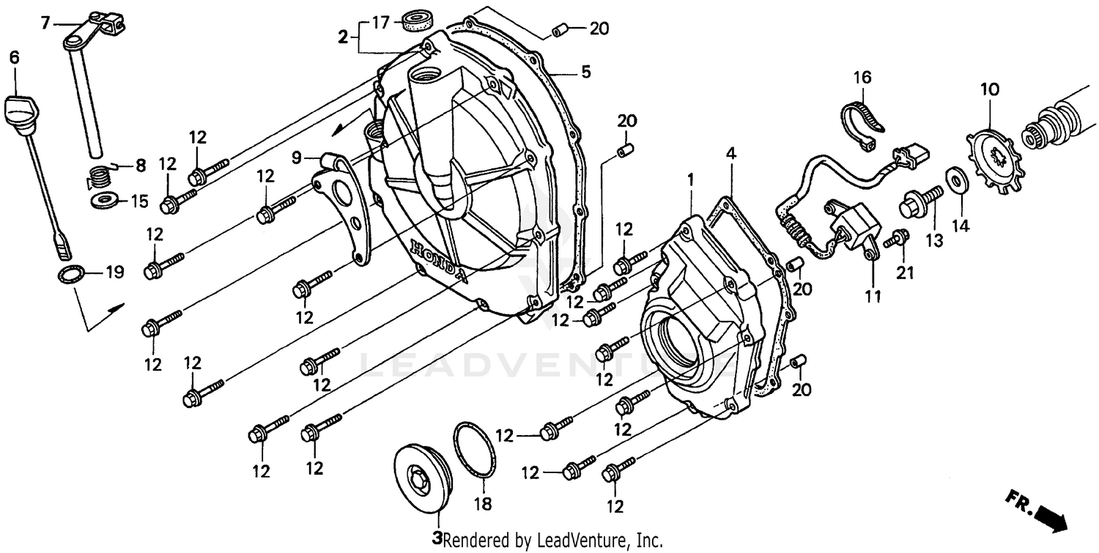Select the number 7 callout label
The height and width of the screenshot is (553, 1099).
pyautogui.click(x=45, y=23)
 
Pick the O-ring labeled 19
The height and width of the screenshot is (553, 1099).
pyautogui.click(x=70, y=276)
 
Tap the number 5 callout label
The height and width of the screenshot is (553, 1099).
pyautogui.click(x=585, y=72)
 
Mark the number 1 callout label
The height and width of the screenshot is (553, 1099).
pyautogui.click(x=689, y=177)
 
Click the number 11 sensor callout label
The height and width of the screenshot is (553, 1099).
pyautogui.click(x=873, y=297)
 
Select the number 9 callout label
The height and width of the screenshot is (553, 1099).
pyautogui.click(x=296, y=157)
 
